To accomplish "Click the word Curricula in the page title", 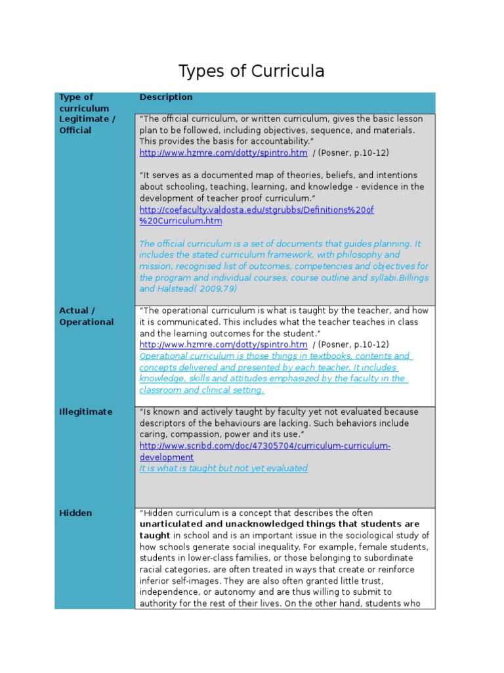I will click(x=290, y=71).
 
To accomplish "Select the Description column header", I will click(x=166, y=97).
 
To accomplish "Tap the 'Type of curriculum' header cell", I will click(x=85, y=103).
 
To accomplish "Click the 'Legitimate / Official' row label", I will click(x=87, y=124).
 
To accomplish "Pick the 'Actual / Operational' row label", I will click(x=86, y=316).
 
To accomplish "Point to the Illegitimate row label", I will click(x=85, y=412).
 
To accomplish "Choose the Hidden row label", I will click(x=75, y=513).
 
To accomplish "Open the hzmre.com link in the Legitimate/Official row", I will click(x=223, y=153).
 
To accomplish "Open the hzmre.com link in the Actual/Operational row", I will click(x=223, y=345).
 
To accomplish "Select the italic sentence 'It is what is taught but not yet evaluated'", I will click(x=223, y=469).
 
